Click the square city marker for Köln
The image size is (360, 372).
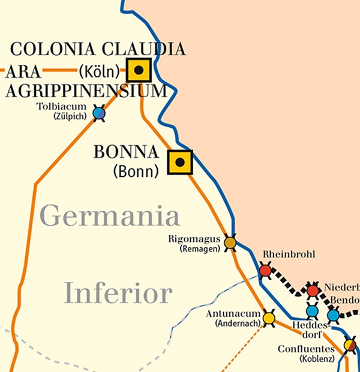pos(139,70)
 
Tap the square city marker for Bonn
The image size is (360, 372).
pos(179,162)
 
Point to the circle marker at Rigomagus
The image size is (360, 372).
pos(230,242)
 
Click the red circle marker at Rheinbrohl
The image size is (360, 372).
pos(265,271)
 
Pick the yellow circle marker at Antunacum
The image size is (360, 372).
pos(269,317)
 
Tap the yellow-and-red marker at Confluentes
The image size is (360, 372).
pos(350,345)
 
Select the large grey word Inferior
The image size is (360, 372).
pos(118,294)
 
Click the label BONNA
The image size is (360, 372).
pos(126,152)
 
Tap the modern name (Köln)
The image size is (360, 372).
pos(100,72)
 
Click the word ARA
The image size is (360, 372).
pos(24,72)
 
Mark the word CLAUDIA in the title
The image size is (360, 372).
pos(143,49)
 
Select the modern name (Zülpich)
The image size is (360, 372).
pos(70,116)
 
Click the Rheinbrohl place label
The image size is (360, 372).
pos(289,254)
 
